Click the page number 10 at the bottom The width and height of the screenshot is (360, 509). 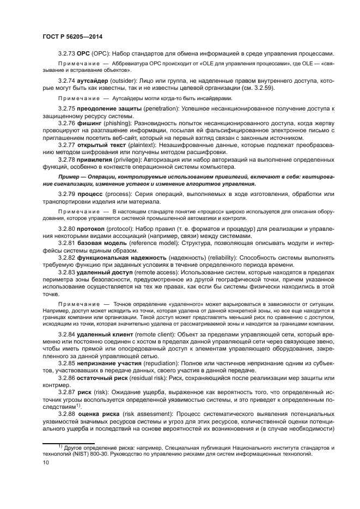(46, 462)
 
